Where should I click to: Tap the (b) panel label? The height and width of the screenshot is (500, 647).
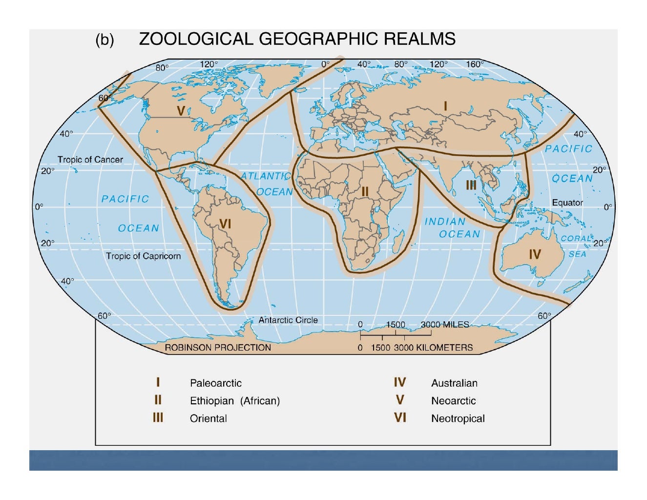pyautogui.click(x=104, y=40)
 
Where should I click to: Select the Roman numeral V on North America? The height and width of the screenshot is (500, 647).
pyautogui.click(x=181, y=111)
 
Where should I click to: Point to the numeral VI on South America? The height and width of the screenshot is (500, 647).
pyautogui.click(x=225, y=224)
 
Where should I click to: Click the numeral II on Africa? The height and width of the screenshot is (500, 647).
pyautogui.click(x=365, y=192)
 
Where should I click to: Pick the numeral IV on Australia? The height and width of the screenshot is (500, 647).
pyautogui.click(x=535, y=254)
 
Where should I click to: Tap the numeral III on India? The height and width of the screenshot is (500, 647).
pyautogui.click(x=471, y=185)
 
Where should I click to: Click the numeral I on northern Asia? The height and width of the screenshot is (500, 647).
pyautogui.click(x=445, y=106)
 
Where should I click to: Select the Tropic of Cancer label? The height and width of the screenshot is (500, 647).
pyautogui.click(x=90, y=160)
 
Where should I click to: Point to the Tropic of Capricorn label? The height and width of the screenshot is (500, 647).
pyautogui.click(x=143, y=256)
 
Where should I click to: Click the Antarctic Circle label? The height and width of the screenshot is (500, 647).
pyautogui.click(x=288, y=320)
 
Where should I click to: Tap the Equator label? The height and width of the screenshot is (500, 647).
pyautogui.click(x=567, y=203)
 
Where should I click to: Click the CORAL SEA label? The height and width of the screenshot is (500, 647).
pyautogui.click(x=576, y=246)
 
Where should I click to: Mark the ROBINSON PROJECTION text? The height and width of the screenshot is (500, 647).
pyautogui.click(x=218, y=348)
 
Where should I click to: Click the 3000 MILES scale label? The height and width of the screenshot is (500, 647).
pyautogui.click(x=445, y=325)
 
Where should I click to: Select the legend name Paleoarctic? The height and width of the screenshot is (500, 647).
pyautogui.click(x=216, y=383)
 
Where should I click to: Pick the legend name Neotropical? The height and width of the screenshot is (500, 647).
pyautogui.click(x=458, y=418)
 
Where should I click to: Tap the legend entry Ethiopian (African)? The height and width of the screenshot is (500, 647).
pyautogui.click(x=235, y=401)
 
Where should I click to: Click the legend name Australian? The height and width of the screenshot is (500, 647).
pyautogui.click(x=454, y=383)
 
